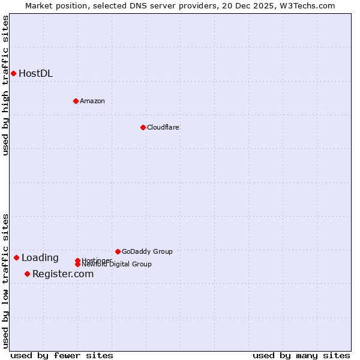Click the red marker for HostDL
(13, 73)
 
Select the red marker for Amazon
(76, 101)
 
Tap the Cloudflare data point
(143, 127)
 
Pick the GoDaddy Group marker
(118, 251)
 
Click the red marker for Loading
(16, 257)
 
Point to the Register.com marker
(27, 274)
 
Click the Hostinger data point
(77, 260)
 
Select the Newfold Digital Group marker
(77, 264)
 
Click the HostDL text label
(35, 74)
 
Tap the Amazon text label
(92, 101)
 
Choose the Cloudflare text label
(163, 127)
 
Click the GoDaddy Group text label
(147, 251)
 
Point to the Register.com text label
(63, 274)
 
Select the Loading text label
(40, 258)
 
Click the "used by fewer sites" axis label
(62, 355)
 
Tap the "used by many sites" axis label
(301, 355)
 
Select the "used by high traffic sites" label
(6, 85)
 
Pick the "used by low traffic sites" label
(6, 280)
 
